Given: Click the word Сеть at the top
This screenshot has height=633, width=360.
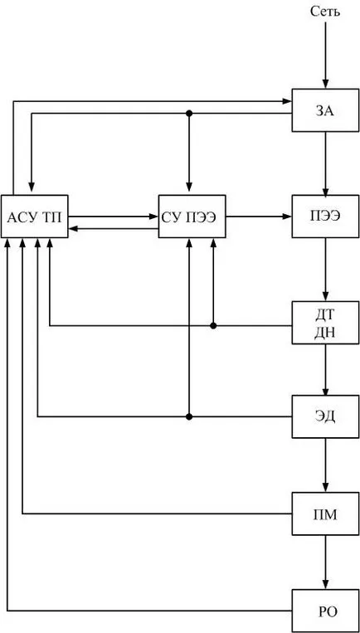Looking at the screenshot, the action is click(325, 12).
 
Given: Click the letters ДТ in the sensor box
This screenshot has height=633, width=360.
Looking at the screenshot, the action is click(325, 314).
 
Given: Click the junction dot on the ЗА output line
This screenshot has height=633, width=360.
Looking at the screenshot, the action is click(188, 114).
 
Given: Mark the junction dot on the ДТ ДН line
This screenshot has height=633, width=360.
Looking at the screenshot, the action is click(213, 325).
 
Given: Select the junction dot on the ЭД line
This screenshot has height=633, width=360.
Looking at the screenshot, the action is click(188, 416).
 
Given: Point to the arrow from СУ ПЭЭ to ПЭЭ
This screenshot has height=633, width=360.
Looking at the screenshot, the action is click(259, 217).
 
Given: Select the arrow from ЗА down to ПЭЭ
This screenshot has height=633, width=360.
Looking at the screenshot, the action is click(325, 163).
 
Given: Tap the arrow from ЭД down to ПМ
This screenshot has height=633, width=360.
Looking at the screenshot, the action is click(325, 465).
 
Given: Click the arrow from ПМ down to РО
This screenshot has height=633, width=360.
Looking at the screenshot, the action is click(325, 562).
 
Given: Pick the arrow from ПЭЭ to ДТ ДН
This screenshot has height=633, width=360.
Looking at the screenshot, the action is click(325, 270).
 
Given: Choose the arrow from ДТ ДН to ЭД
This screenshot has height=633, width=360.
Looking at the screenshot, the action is click(325, 370).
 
